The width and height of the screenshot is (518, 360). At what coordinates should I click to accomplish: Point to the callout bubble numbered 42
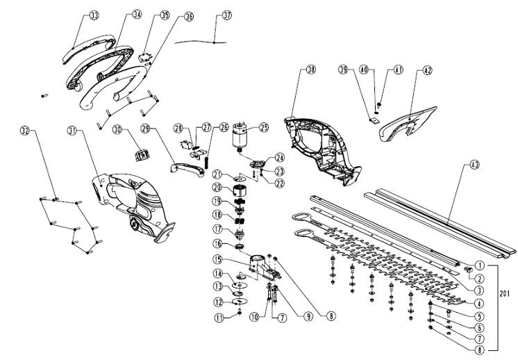pyautogui.click(x=427, y=69)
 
